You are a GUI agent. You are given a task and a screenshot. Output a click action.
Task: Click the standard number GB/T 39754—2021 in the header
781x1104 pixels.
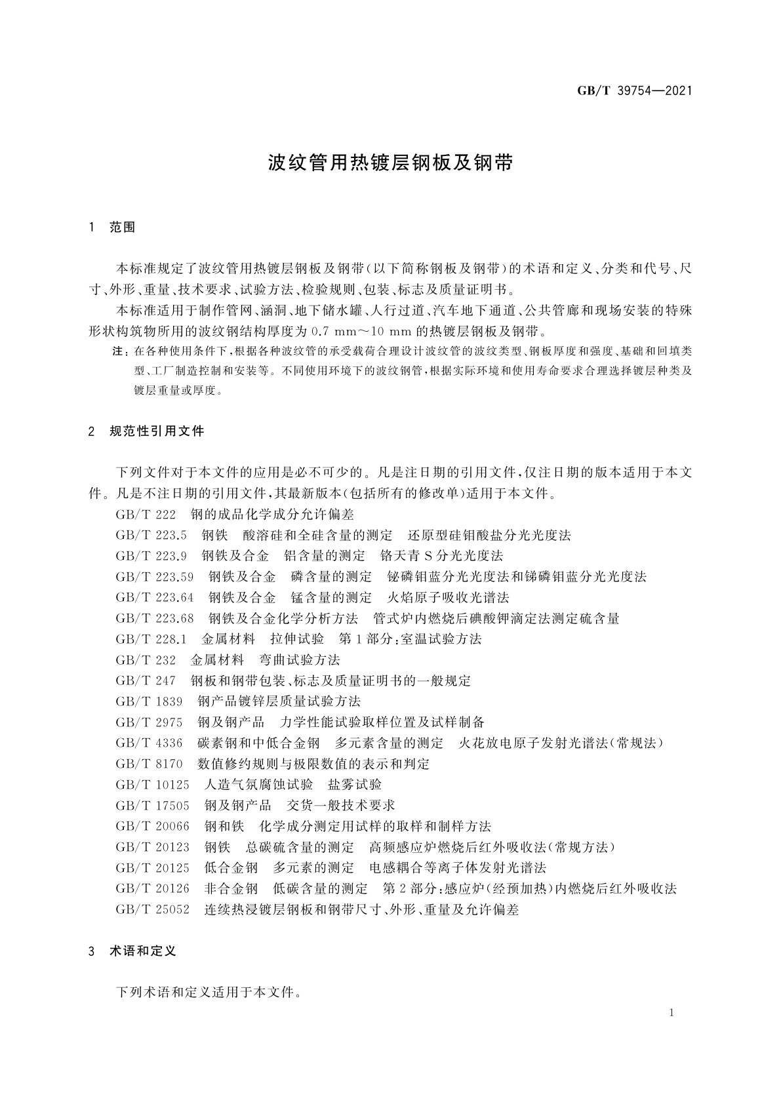pyautogui.click(x=634, y=91)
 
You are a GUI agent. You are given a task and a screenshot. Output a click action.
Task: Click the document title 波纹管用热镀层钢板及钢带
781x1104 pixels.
pyautogui.click(x=390, y=163)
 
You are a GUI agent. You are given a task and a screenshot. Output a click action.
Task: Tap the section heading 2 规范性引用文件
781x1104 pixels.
pyautogui.click(x=146, y=431)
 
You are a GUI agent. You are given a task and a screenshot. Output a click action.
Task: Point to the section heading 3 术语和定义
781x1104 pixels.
pyautogui.click(x=132, y=951)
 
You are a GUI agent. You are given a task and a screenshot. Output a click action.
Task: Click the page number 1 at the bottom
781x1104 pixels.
pyautogui.click(x=672, y=1012)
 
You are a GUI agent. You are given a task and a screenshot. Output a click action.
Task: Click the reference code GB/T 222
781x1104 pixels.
pyautogui.click(x=146, y=514)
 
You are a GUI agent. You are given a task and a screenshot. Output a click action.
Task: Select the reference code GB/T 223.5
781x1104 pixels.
pyautogui.click(x=151, y=535)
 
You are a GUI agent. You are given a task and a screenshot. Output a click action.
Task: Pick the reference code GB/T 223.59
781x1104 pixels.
pyautogui.click(x=155, y=577)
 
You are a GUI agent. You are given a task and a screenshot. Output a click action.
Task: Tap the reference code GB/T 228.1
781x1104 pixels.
pyautogui.click(x=151, y=639)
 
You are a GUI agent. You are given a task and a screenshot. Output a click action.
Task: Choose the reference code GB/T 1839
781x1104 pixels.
pyautogui.click(x=149, y=701)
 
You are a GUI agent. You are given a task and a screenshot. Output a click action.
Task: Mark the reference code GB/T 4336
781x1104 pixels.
pyautogui.click(x=149, y=743)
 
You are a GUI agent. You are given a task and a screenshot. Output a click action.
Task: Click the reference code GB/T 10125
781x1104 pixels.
pyautogui.click(x=152, y=785)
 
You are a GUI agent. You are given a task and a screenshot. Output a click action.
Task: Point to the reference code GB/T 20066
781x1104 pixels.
pyautogui.click(x=152, y=826)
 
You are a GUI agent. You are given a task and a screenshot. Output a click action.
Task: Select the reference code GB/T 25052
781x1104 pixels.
pyautogui.click(x=152, y=909)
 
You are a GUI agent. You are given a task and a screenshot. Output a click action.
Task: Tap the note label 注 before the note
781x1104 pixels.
pyautogui.click(x=119, y=352)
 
